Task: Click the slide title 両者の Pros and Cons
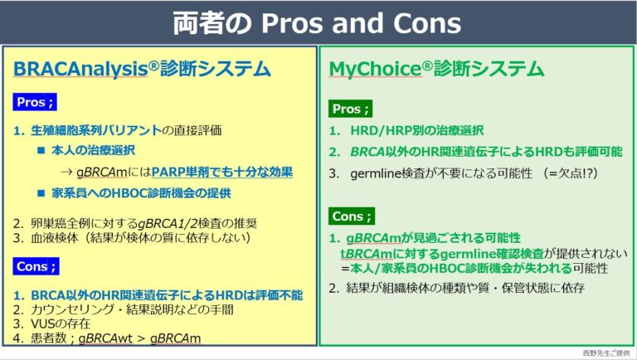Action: [x=318, y=22]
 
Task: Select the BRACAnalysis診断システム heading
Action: [x=142, y=68]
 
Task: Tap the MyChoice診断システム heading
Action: [x=436, y=68]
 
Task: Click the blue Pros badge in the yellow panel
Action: [x=36, y=104]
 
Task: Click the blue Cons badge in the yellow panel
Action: [x=36, y=266]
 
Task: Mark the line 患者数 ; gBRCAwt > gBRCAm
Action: [x=111, y=338]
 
